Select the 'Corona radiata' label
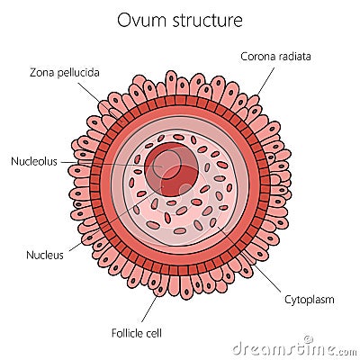275,56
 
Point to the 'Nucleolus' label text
33,162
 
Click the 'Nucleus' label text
45,255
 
